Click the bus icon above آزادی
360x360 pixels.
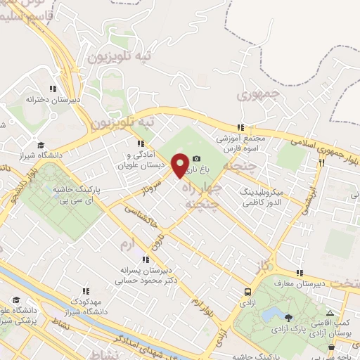(x=247, y=292)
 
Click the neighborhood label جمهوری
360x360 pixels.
(x=259, y=94)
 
